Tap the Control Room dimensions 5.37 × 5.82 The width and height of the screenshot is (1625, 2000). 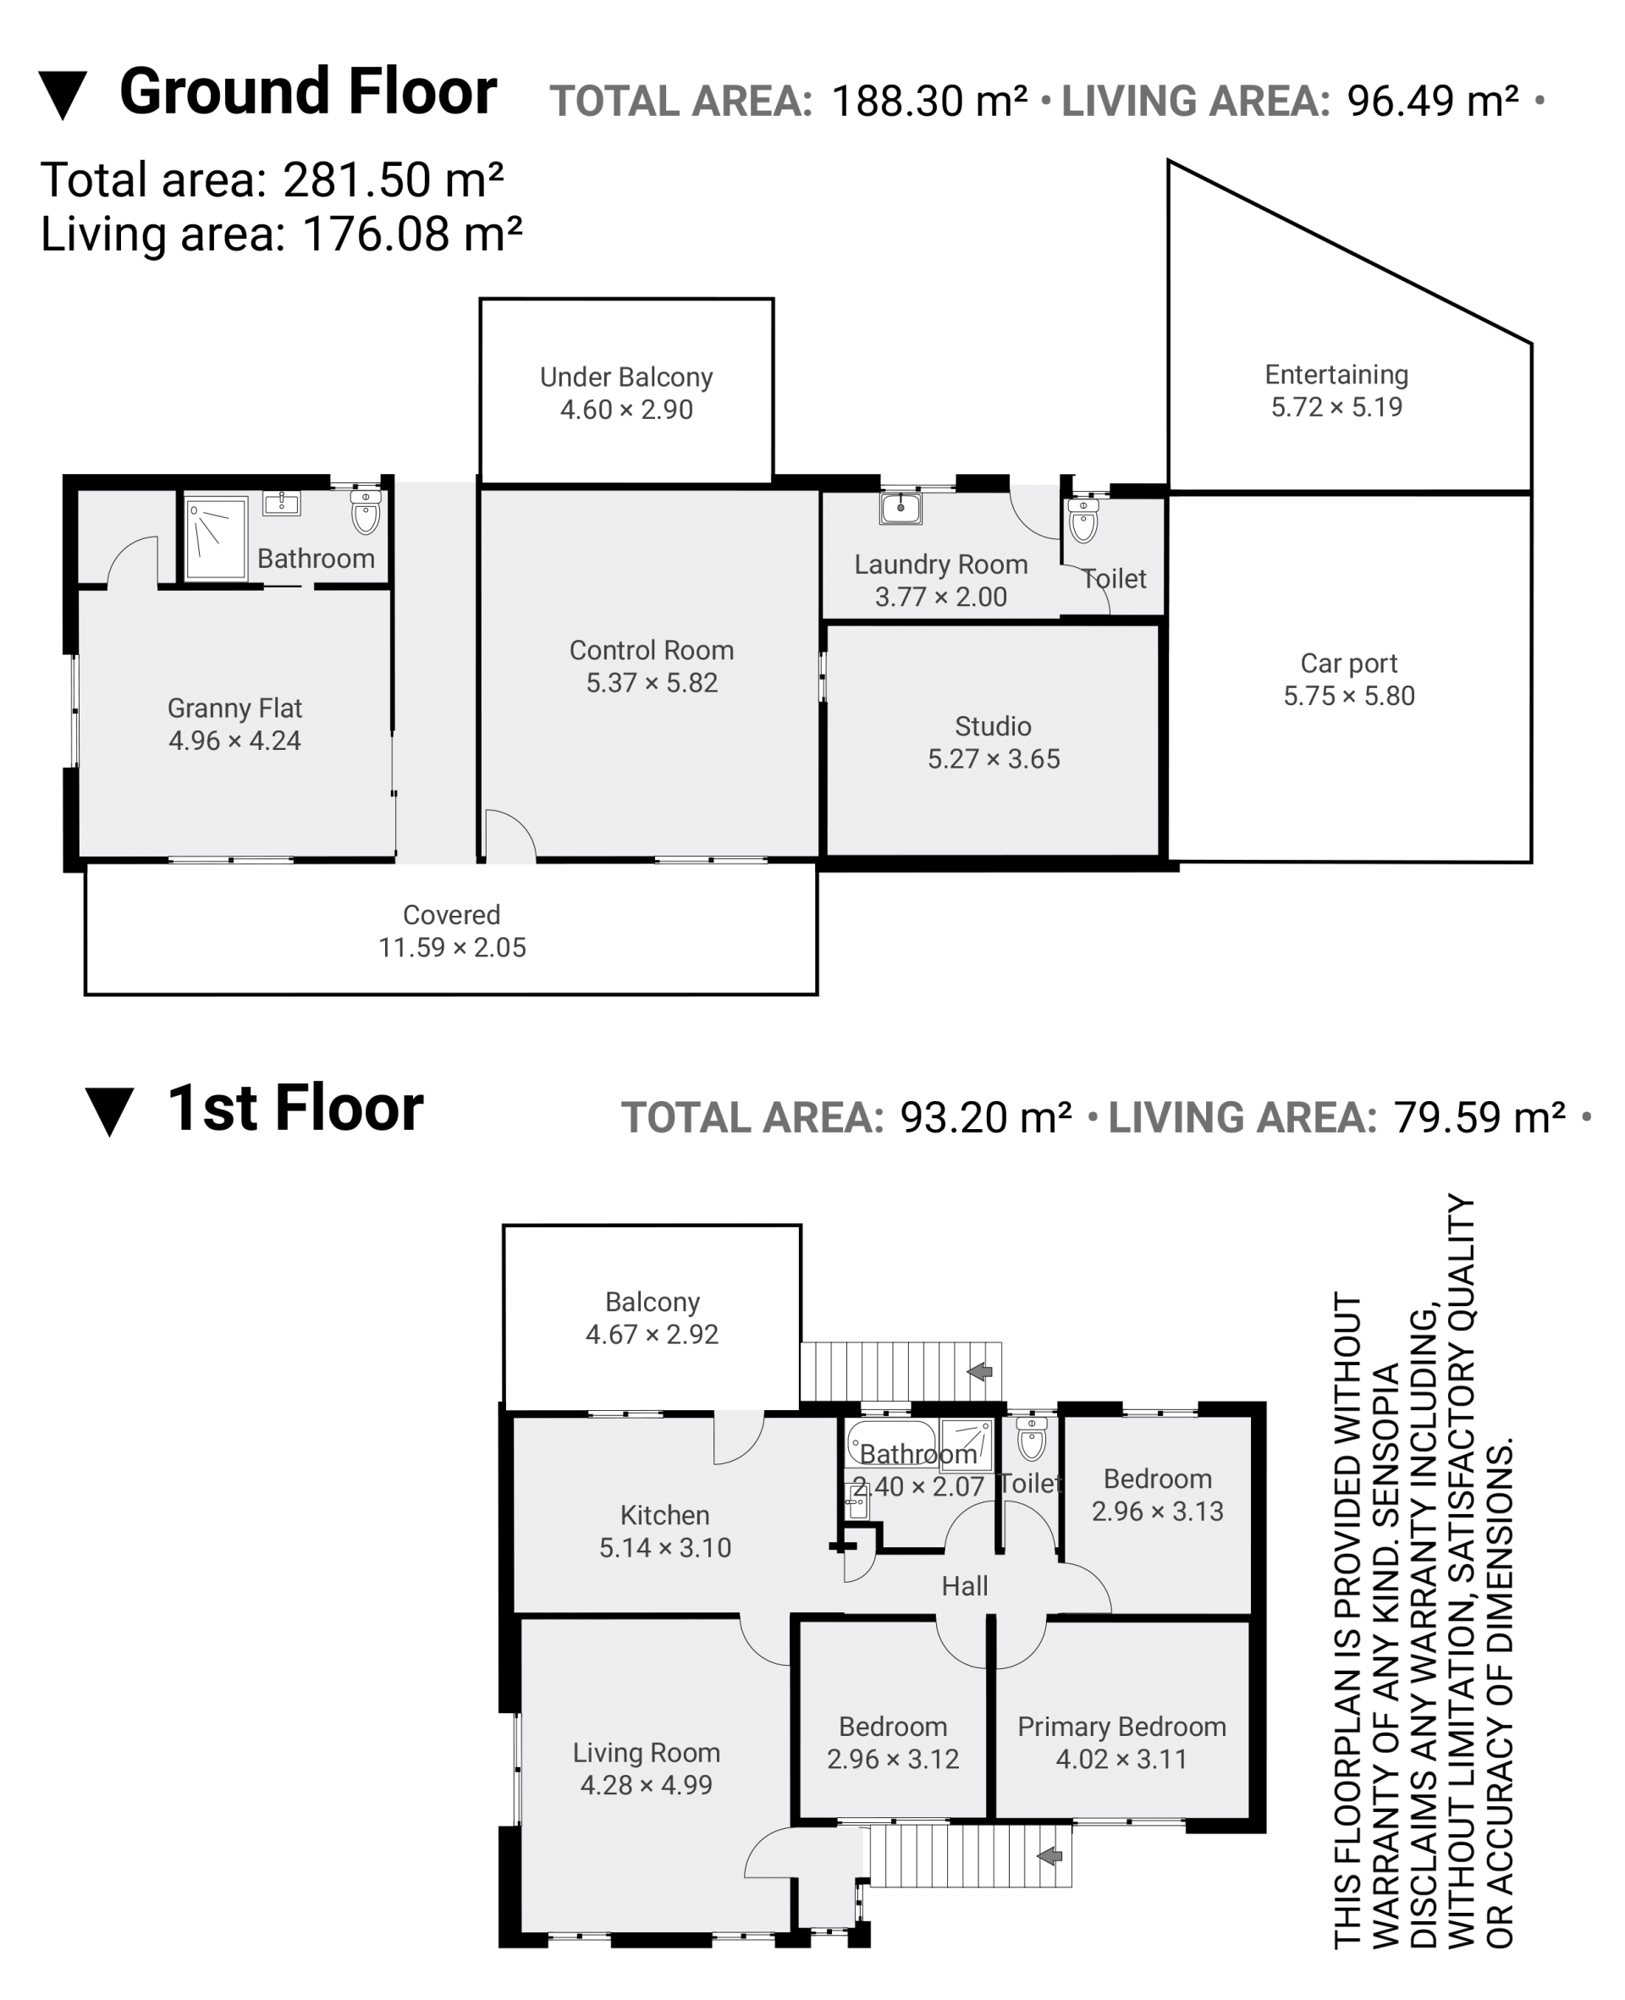pyautogui.click(x=652, y=683)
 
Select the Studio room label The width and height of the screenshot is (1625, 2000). pyautogui.click(x=993, y=726)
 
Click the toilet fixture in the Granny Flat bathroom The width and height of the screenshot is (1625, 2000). pyautogui.click(x=365, y=510)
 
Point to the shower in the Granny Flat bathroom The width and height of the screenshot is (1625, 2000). pyautogui.click(x=216, y=538)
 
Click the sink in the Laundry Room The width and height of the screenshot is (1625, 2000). pyautogui.click(x=901, y=507)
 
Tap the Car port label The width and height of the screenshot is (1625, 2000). pyautogui.click(x=1349, y=664)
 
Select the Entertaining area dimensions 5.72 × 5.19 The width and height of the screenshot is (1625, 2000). pyautogui.click(x=1336, y=407)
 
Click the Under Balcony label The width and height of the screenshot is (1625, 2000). pyautogui.click(x=626, y=377)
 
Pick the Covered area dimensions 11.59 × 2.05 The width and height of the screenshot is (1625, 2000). pyautogui.click(x=452, y=947)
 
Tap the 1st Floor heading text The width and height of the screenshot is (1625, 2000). pyautogui.click(x=295, y=1108)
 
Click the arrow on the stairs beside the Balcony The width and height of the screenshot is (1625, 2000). pyautogui.click(x=979, y=1371)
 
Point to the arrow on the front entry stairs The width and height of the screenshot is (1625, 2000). pyautogui.click(x=1049, y=1856)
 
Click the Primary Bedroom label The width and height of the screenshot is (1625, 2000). pyautogui.click(x=1121, y=1727)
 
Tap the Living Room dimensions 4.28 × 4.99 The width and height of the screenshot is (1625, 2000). pyautogui.click(x=646, y=1786)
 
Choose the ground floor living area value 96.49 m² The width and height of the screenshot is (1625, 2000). pyautogui.click(x=1432, y=101)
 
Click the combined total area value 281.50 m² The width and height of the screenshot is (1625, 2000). pyautogui.click(x=394, y=179)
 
